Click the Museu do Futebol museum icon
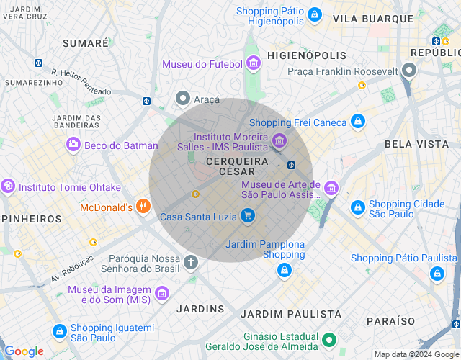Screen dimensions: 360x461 252,64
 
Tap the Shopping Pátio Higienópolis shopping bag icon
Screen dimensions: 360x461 314,14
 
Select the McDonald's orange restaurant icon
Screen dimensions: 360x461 143,207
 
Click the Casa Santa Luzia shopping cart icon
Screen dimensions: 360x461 248,215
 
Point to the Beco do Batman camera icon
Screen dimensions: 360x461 73,145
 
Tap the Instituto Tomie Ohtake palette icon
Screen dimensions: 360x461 8,187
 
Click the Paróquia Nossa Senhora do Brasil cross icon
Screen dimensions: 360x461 191,262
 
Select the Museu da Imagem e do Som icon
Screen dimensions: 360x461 162,293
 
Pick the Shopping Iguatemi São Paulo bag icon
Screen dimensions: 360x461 59,331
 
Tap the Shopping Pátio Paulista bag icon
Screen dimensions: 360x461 437,273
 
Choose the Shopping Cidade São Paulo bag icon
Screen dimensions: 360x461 357,207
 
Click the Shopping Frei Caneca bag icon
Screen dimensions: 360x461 357,122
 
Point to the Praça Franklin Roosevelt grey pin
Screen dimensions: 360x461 409,71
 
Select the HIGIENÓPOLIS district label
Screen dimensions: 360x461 306,55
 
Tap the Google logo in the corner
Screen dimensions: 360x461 24,351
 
